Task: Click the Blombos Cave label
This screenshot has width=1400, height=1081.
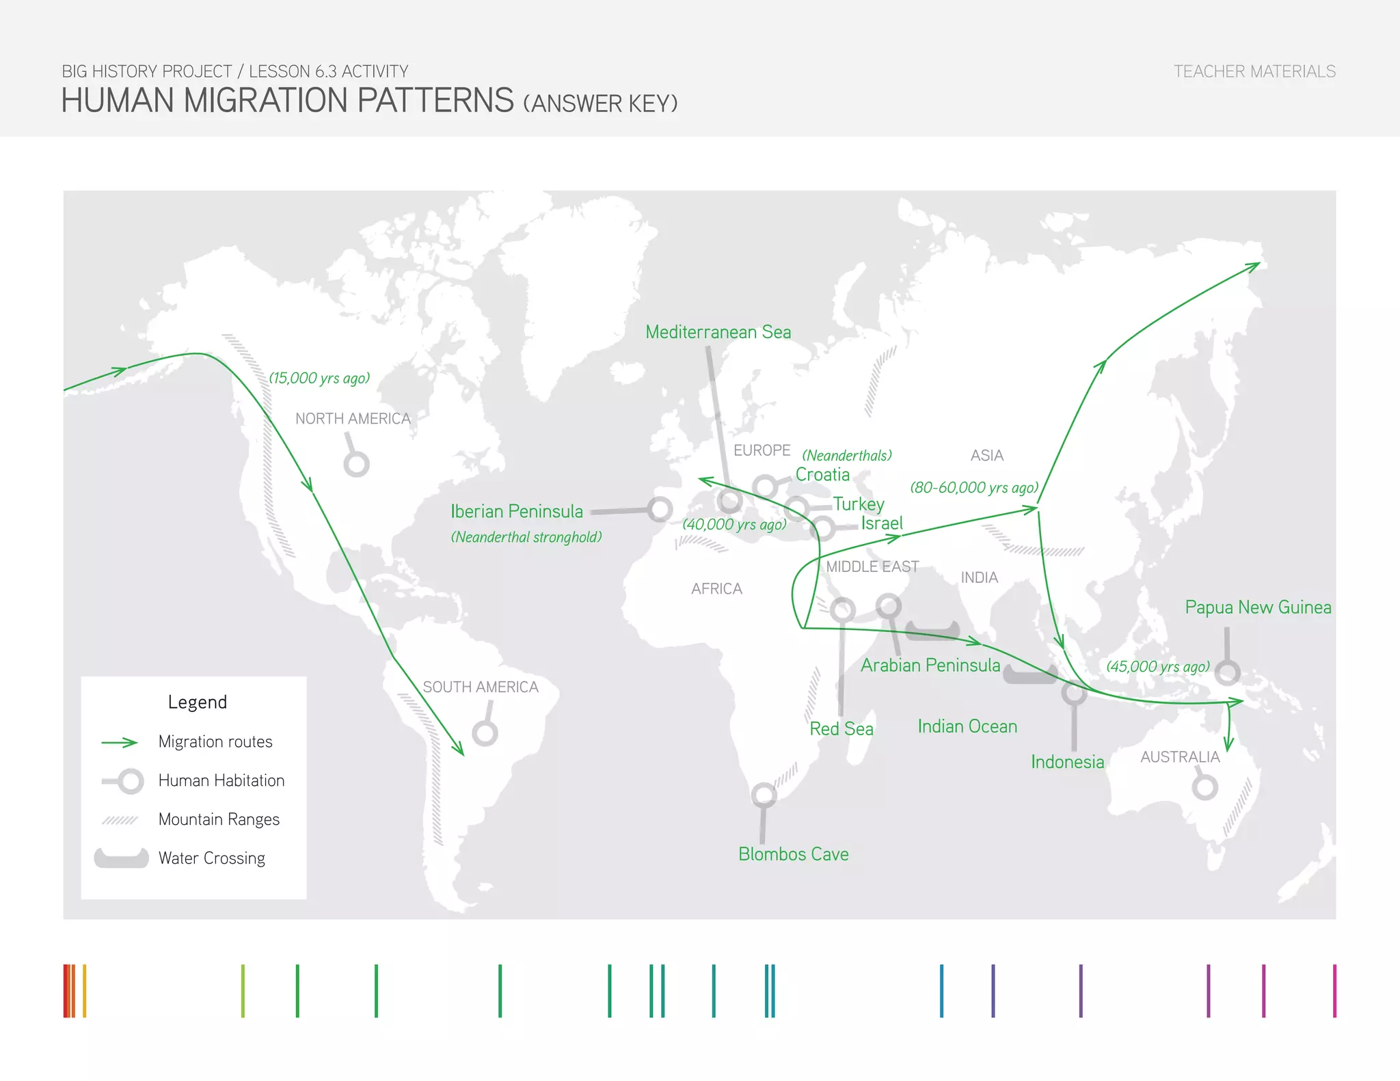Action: [x=793, y=854]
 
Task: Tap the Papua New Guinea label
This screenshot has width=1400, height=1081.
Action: [x=1258, y=607]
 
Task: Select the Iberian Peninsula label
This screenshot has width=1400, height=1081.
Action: [x=517, y=511]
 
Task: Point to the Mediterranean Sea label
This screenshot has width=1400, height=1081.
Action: [x=718, y=332]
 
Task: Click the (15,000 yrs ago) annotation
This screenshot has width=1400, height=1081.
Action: [x=319, y=378]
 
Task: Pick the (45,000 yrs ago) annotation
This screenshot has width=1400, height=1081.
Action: [x=1158, y=666]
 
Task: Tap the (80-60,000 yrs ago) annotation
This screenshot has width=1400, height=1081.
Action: [x=974, y=487]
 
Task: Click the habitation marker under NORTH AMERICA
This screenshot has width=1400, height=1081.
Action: [x=356, y=464]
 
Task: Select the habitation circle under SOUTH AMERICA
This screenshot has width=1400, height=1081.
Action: [x=485, y=733]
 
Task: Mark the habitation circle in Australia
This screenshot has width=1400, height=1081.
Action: [x=1204, y=786]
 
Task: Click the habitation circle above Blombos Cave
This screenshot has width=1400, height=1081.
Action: [x=764, y=795]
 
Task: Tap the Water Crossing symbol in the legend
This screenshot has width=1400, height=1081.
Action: [x=121, y=858]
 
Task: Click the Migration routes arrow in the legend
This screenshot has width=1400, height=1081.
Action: [x=120, y=743]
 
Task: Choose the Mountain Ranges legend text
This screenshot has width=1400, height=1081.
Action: [x=219, y=819]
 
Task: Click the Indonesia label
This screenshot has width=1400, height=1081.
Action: [x=1067, y=762]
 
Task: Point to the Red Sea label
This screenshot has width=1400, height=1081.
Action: [x=842, y=729]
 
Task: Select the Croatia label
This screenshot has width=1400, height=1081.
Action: [x=822, y=475]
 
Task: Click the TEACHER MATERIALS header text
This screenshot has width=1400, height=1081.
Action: [x=1254, y=72]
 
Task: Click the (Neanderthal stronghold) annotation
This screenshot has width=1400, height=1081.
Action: [x=526, y=537]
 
